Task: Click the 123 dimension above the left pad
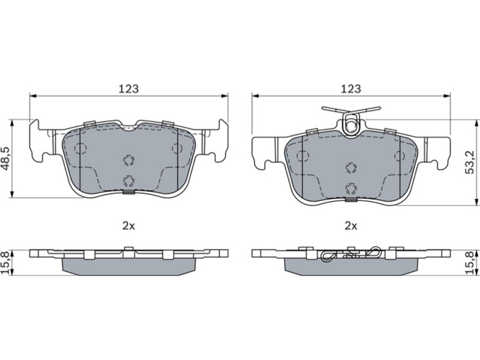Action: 128,89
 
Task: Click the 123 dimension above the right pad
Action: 351,89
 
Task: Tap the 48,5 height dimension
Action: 6,158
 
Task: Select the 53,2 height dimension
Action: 470,162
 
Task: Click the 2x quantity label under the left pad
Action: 128,226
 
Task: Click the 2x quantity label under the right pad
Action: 351,226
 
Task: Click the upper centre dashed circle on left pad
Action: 128,160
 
